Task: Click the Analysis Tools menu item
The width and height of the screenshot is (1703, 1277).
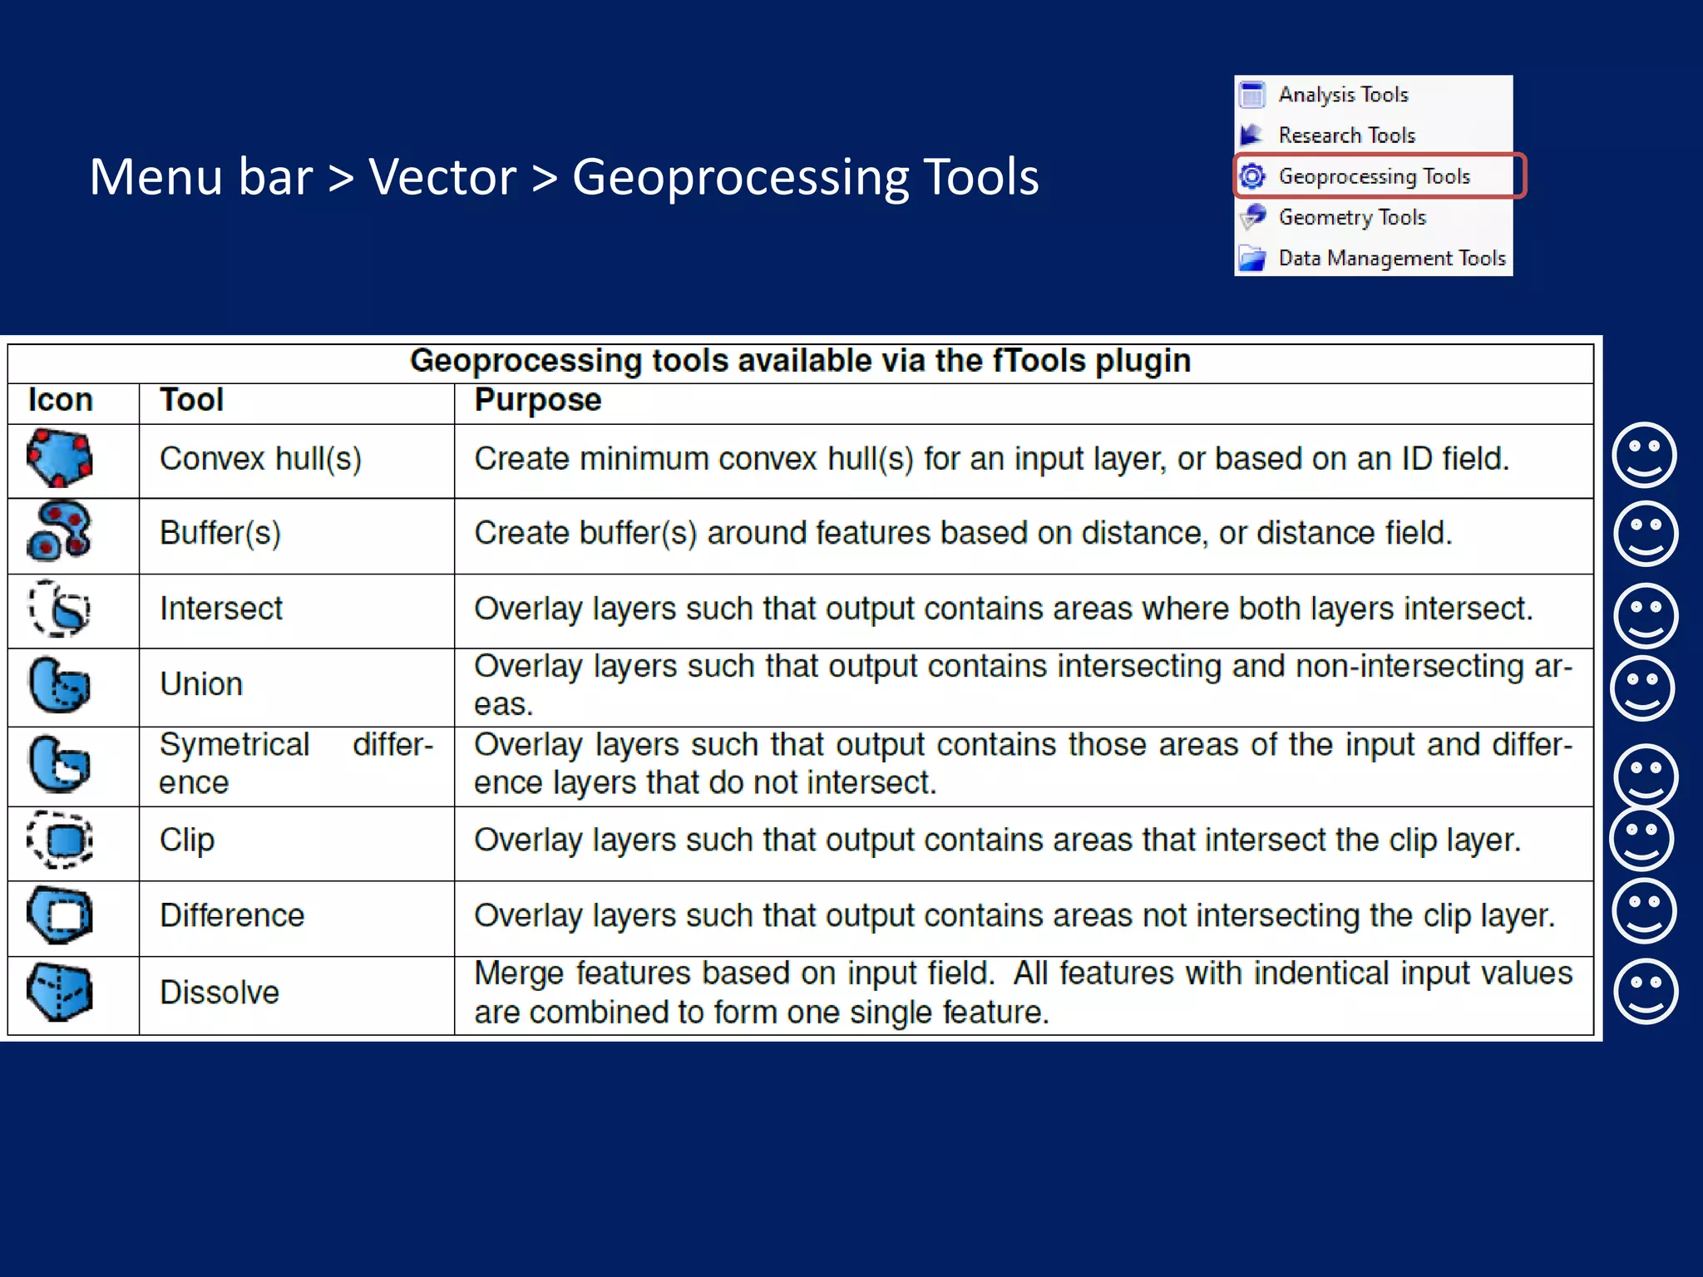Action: coord(1343,95)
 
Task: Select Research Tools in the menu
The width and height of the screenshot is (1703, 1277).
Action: coord(1346,136)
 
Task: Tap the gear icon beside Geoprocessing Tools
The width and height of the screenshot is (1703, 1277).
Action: coord(1252,176)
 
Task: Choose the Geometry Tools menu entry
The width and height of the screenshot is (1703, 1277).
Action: coord(1352,217)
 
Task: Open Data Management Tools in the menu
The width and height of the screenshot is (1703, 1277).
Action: coord(1391,259)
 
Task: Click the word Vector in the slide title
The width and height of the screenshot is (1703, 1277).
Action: coord(442,177)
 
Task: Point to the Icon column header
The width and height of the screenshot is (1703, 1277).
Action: coord(61,401)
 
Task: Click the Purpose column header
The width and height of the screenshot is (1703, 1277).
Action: coord(537,401)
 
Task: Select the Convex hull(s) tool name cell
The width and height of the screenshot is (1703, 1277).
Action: coord(260,459)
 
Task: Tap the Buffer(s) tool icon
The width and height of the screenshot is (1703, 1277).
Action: coord(59,531)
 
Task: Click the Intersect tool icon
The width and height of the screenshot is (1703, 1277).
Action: coord(59,609)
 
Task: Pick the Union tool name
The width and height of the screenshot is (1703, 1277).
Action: coord(201,684)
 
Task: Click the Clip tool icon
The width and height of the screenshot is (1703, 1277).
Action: coord(59,840)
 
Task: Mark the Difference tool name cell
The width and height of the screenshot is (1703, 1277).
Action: coord(232,915)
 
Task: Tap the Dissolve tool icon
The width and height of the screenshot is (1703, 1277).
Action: coord(59,992)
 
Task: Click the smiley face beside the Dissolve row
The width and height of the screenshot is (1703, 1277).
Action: coord(1645,992)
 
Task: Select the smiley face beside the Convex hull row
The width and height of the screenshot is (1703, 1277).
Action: coord(1644,455)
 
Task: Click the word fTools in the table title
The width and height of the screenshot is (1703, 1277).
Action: coord(1039,362)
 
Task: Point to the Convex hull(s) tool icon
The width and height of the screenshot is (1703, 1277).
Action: coord(59,458)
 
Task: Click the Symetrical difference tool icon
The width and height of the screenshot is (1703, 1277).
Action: coord(59,763)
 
